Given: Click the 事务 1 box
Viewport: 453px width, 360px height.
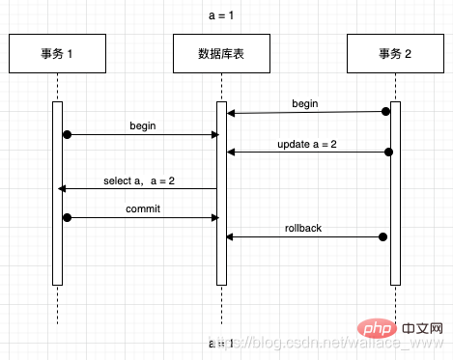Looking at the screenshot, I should [x=57, y=54].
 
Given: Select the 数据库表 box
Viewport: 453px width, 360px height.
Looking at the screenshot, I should [x=221, y=54].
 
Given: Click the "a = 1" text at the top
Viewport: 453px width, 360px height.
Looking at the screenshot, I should [x=223, y=14].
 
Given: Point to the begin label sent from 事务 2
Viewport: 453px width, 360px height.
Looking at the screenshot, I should [x=306, y=102].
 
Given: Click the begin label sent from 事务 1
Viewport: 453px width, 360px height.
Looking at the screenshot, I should [x=143, y=125].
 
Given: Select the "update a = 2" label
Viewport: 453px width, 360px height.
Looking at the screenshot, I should [x=306, y=144].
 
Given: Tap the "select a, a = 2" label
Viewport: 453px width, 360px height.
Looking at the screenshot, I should [x=139, y=180].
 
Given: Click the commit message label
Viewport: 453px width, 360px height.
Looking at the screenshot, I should [x=143, y=208].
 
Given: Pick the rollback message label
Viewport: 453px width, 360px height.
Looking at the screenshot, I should [x=303, y=228].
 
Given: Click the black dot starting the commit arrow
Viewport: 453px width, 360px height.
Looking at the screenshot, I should [x=67, y=218].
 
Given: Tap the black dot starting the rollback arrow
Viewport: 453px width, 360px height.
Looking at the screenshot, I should [x=383, y=236].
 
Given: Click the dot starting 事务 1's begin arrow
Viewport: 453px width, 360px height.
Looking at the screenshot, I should [x=67, y=134].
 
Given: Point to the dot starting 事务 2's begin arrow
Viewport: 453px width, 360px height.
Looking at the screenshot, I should [x=386, y=111].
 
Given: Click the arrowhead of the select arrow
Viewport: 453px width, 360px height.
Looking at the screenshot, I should [x=63, y=189].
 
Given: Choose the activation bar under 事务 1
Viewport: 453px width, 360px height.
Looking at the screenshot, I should [x=57, y=193].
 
